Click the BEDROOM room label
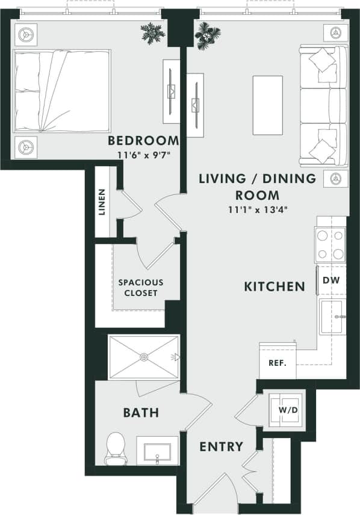[x=143, y=141]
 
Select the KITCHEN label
[x=274, y=286]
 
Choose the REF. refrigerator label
[x=276, y=363]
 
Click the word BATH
[x=141, y=413]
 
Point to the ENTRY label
[x=222, y=446]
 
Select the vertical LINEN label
[x=102, y=202]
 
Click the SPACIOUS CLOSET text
[x=140, y=288]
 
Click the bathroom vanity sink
[x=157, y=450]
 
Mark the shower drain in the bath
[x=144, y=357]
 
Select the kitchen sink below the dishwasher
[x=332, y=315]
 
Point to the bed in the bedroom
[x=62, y=90]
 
